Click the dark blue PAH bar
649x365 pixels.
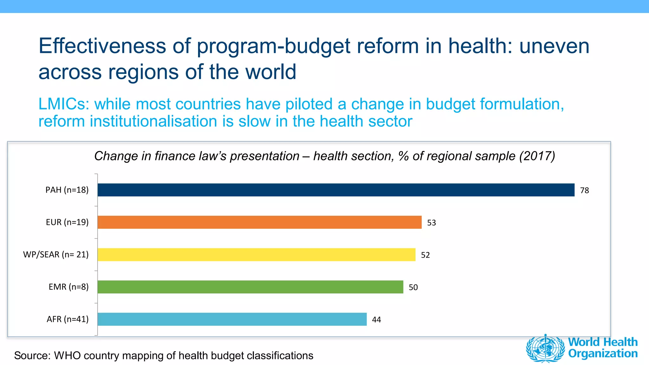click(x=336, y=190)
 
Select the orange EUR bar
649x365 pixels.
click(x=260, y=222)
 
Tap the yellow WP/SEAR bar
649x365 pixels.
click(x=256, y=254)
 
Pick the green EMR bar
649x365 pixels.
click(x=250, y=287)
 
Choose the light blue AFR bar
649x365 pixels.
click(x=232, y=319)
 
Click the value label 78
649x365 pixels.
click(x=584, y=190)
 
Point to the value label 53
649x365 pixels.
click(x=431, y=223)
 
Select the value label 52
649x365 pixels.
click(x=425, y=255)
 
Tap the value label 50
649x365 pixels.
click(x=413, y=287)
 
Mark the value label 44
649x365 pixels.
click(x=376, y=320)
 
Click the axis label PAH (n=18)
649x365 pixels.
click(x=67, y=190)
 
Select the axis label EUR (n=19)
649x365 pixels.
click(x=67, y=222)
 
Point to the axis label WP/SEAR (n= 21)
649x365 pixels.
click(x=56, y=254)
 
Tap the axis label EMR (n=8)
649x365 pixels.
click(x=68, y=287)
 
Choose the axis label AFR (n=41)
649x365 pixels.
click(x=67, y=319)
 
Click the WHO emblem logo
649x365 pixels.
click(x=545, y=348)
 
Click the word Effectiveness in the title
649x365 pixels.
click(x=102, y=46)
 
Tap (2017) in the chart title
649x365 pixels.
click(x=537, y=156)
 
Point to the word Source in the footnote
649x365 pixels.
click(x=32, y=355)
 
